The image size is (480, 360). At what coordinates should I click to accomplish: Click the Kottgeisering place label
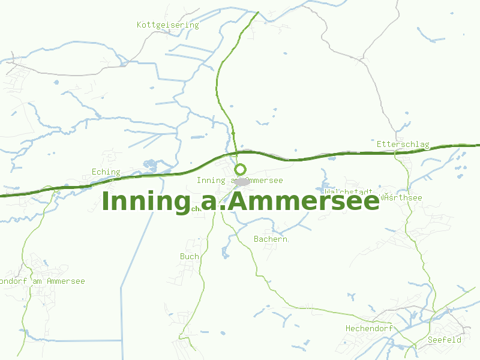pyautogui.click(x=167, y=25)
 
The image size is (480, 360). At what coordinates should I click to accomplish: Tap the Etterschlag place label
pyautogui.click(x=403, y=145)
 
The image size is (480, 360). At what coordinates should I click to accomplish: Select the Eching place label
pyautogui.click(x=106, y=172)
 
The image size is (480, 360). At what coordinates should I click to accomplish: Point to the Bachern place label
pyautogui.click(x=271, y=239)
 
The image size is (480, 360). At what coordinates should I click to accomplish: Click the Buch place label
pyautogui.click(x=189, y=256)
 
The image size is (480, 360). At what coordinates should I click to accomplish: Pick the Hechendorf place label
pyautogui.click(x=368, y=329)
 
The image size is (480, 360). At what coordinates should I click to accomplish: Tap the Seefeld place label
pyautogui.click(x=445, y=340)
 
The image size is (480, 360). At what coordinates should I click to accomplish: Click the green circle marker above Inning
pyautogui.click(x=240, y=169)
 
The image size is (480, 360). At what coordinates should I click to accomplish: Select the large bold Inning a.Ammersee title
pyautogui.click(x=240, y=202)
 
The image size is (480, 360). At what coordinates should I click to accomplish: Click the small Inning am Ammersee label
pyautogui.click(x=239, y=181)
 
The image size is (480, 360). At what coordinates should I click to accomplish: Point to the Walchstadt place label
pyautogui.click(x=348, y=192)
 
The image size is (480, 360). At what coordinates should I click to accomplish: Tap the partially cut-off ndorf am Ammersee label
pyautogui.click(x=42, y=281)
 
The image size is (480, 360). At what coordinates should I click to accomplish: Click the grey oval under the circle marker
pyautogui.click(x=242, y=181)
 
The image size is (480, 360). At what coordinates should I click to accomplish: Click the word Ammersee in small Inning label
pyautogui.click(x=264, y=181)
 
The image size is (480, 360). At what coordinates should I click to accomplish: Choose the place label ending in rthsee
pyautogui.click(x=402, y=198)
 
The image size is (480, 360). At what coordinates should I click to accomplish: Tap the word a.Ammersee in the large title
pyautogui.click(x=290, y=202)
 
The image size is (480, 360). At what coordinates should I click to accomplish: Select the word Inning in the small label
pyautogui.click(x=211, y=181)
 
